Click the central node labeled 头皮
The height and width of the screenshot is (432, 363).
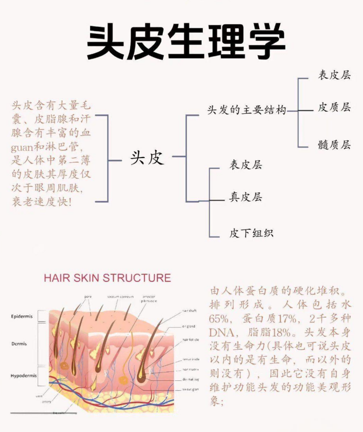click(x=147, y=157)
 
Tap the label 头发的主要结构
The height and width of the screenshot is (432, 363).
click(x=247, y=110)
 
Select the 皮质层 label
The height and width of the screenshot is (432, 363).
click(x=334, y=107)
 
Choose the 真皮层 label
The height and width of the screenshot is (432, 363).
click(x=245, y=198)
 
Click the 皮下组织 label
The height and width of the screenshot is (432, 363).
click(x=251, y=233)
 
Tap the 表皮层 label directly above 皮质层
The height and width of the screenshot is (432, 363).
click(x=334, y=75)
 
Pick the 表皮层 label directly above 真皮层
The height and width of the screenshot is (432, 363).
click(x=245, y=165)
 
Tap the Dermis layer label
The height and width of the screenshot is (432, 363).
click(x=20, y=343)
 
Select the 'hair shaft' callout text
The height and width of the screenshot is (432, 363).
click(x=190, y=311)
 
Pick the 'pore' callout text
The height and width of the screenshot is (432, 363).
click(x=88, y=297)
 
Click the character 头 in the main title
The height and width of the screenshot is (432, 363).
click(x=105, y=41)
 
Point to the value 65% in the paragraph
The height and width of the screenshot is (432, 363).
click(x=220, y=319)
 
